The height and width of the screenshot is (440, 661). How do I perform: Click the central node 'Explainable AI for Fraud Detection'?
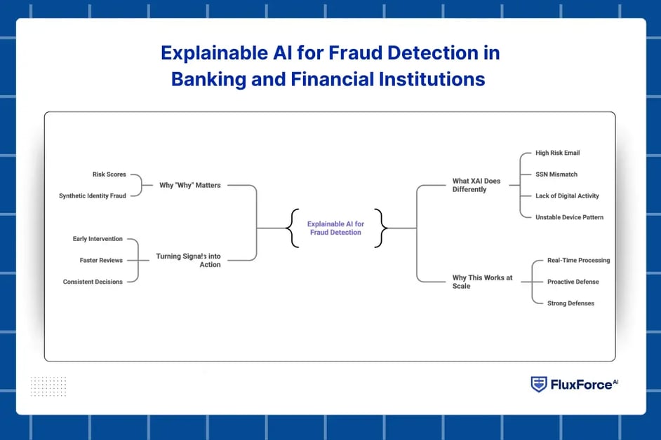pyautogui.click(x=335, y=228)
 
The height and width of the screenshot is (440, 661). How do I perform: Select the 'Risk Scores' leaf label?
pyautogui.click(x=109, y=174)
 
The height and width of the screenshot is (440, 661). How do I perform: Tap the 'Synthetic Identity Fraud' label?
pyautogui.click(x=93, y=196)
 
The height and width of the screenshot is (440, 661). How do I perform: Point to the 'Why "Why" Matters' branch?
pyautogui.click(x=189, y=186)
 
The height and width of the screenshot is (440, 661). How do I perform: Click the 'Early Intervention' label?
pyautogui.click(x=98, y=239)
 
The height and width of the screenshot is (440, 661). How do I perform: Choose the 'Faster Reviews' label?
pyautogui.click(x=101, y=261)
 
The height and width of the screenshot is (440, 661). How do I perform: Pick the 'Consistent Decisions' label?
pyautogui.click(x=93, y=282)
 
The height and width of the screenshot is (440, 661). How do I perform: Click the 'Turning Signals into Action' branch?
pyautogui.click(x=188, y=261)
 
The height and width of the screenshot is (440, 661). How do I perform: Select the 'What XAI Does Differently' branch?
pyautogui.click(x=476, y=185)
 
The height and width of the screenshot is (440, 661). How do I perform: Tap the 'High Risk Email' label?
pyautogui.click(x=557, y=153)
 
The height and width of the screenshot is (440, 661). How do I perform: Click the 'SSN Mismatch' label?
pyautogui.click(x=556, y=174)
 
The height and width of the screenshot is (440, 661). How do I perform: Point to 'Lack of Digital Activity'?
pyautogui.click(x=567, y=195)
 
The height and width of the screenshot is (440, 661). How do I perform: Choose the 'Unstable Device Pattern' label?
pyautogui.click(x=569, y=217)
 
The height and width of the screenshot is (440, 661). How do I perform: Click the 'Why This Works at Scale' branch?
pyautogui.click(x=482, y=282)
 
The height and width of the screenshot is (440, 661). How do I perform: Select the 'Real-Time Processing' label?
pyautogui.click(x=578, y=261)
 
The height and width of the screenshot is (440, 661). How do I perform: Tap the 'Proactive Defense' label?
pyautogui.click(x=573, y=282)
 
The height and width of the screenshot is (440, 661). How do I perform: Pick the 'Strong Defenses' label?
pyautogui.click(x=570, y=303)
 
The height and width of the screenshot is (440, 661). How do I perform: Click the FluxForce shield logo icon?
pyautogui.click(x=539, y=384)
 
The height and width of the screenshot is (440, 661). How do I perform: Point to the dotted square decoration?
pyautogui.click(x=48, y=386)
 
